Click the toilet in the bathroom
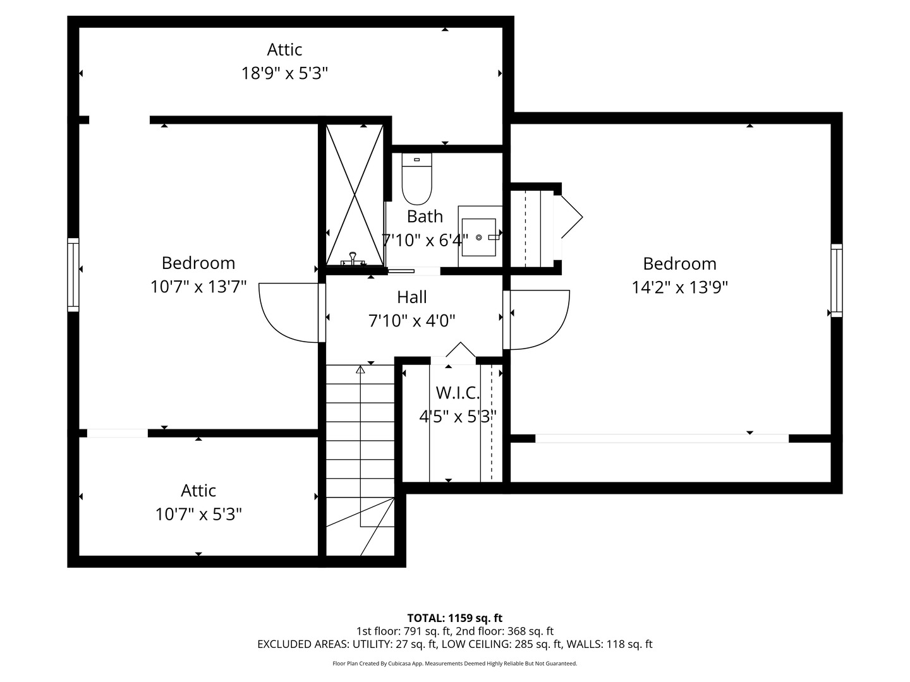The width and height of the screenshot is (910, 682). pos(416,179)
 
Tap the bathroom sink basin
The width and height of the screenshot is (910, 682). pos(479,237)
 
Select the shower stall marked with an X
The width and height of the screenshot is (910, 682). pos(355,194)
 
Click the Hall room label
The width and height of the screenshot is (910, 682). pos(411,297)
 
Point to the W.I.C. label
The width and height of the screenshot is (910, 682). pos(458,393)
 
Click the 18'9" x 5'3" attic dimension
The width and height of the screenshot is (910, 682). pos(284,74)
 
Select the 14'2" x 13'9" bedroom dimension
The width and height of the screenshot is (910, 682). pos(679,287)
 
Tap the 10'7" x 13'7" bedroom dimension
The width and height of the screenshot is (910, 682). pos(198,287)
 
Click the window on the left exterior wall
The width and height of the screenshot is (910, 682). pos(73,275)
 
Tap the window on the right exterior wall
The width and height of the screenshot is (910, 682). pos(837,280)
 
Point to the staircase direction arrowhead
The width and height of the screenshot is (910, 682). pos(360,369)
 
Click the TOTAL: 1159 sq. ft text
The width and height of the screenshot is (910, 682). pos(455,618)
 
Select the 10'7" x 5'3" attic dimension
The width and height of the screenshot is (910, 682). pos(198,515)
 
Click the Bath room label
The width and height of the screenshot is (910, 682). pos(425,216)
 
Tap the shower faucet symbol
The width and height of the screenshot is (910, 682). pos(353,259)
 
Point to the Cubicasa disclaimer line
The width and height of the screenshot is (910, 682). pos(455,663)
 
